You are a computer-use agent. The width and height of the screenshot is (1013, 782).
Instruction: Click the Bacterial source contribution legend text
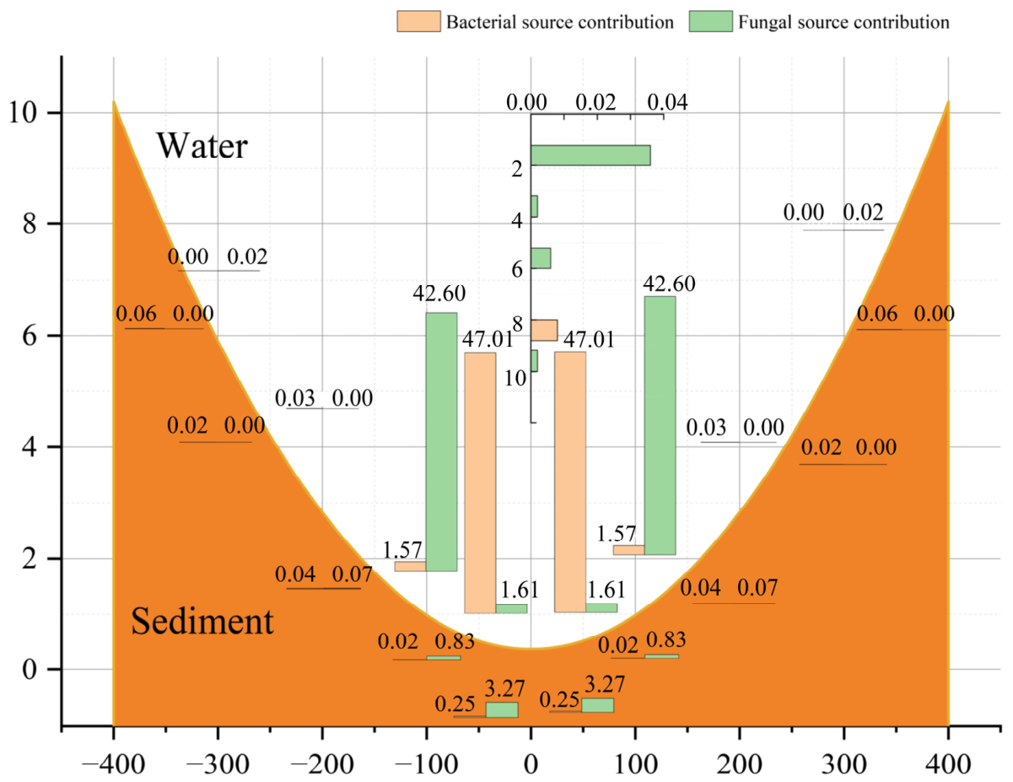pos(559,22)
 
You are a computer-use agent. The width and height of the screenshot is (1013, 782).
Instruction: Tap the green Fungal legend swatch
pos(710,21)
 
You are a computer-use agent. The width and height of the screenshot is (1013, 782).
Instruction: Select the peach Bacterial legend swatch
pos(418,21)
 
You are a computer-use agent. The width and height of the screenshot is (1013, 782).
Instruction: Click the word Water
pos(202,146)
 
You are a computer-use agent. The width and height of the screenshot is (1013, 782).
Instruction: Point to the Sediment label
pos(202,621)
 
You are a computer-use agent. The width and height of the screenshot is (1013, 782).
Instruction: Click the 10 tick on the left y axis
pos(23,113)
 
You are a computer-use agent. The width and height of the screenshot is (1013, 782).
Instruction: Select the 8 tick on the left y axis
pos(29,224)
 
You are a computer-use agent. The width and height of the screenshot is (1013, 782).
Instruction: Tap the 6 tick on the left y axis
pos(29,336)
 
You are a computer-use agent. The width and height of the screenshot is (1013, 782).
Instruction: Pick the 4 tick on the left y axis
pos(29,447)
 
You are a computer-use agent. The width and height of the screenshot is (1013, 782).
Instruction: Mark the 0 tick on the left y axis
pos(29,670)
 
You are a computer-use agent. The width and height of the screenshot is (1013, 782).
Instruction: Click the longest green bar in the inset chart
pos(590,155)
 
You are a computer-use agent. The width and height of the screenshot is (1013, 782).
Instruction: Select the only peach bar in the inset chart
pos(544,331)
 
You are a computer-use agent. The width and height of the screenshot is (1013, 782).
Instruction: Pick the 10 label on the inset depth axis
pos(515,379)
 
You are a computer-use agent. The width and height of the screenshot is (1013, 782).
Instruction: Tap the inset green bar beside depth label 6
pos(541,258)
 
